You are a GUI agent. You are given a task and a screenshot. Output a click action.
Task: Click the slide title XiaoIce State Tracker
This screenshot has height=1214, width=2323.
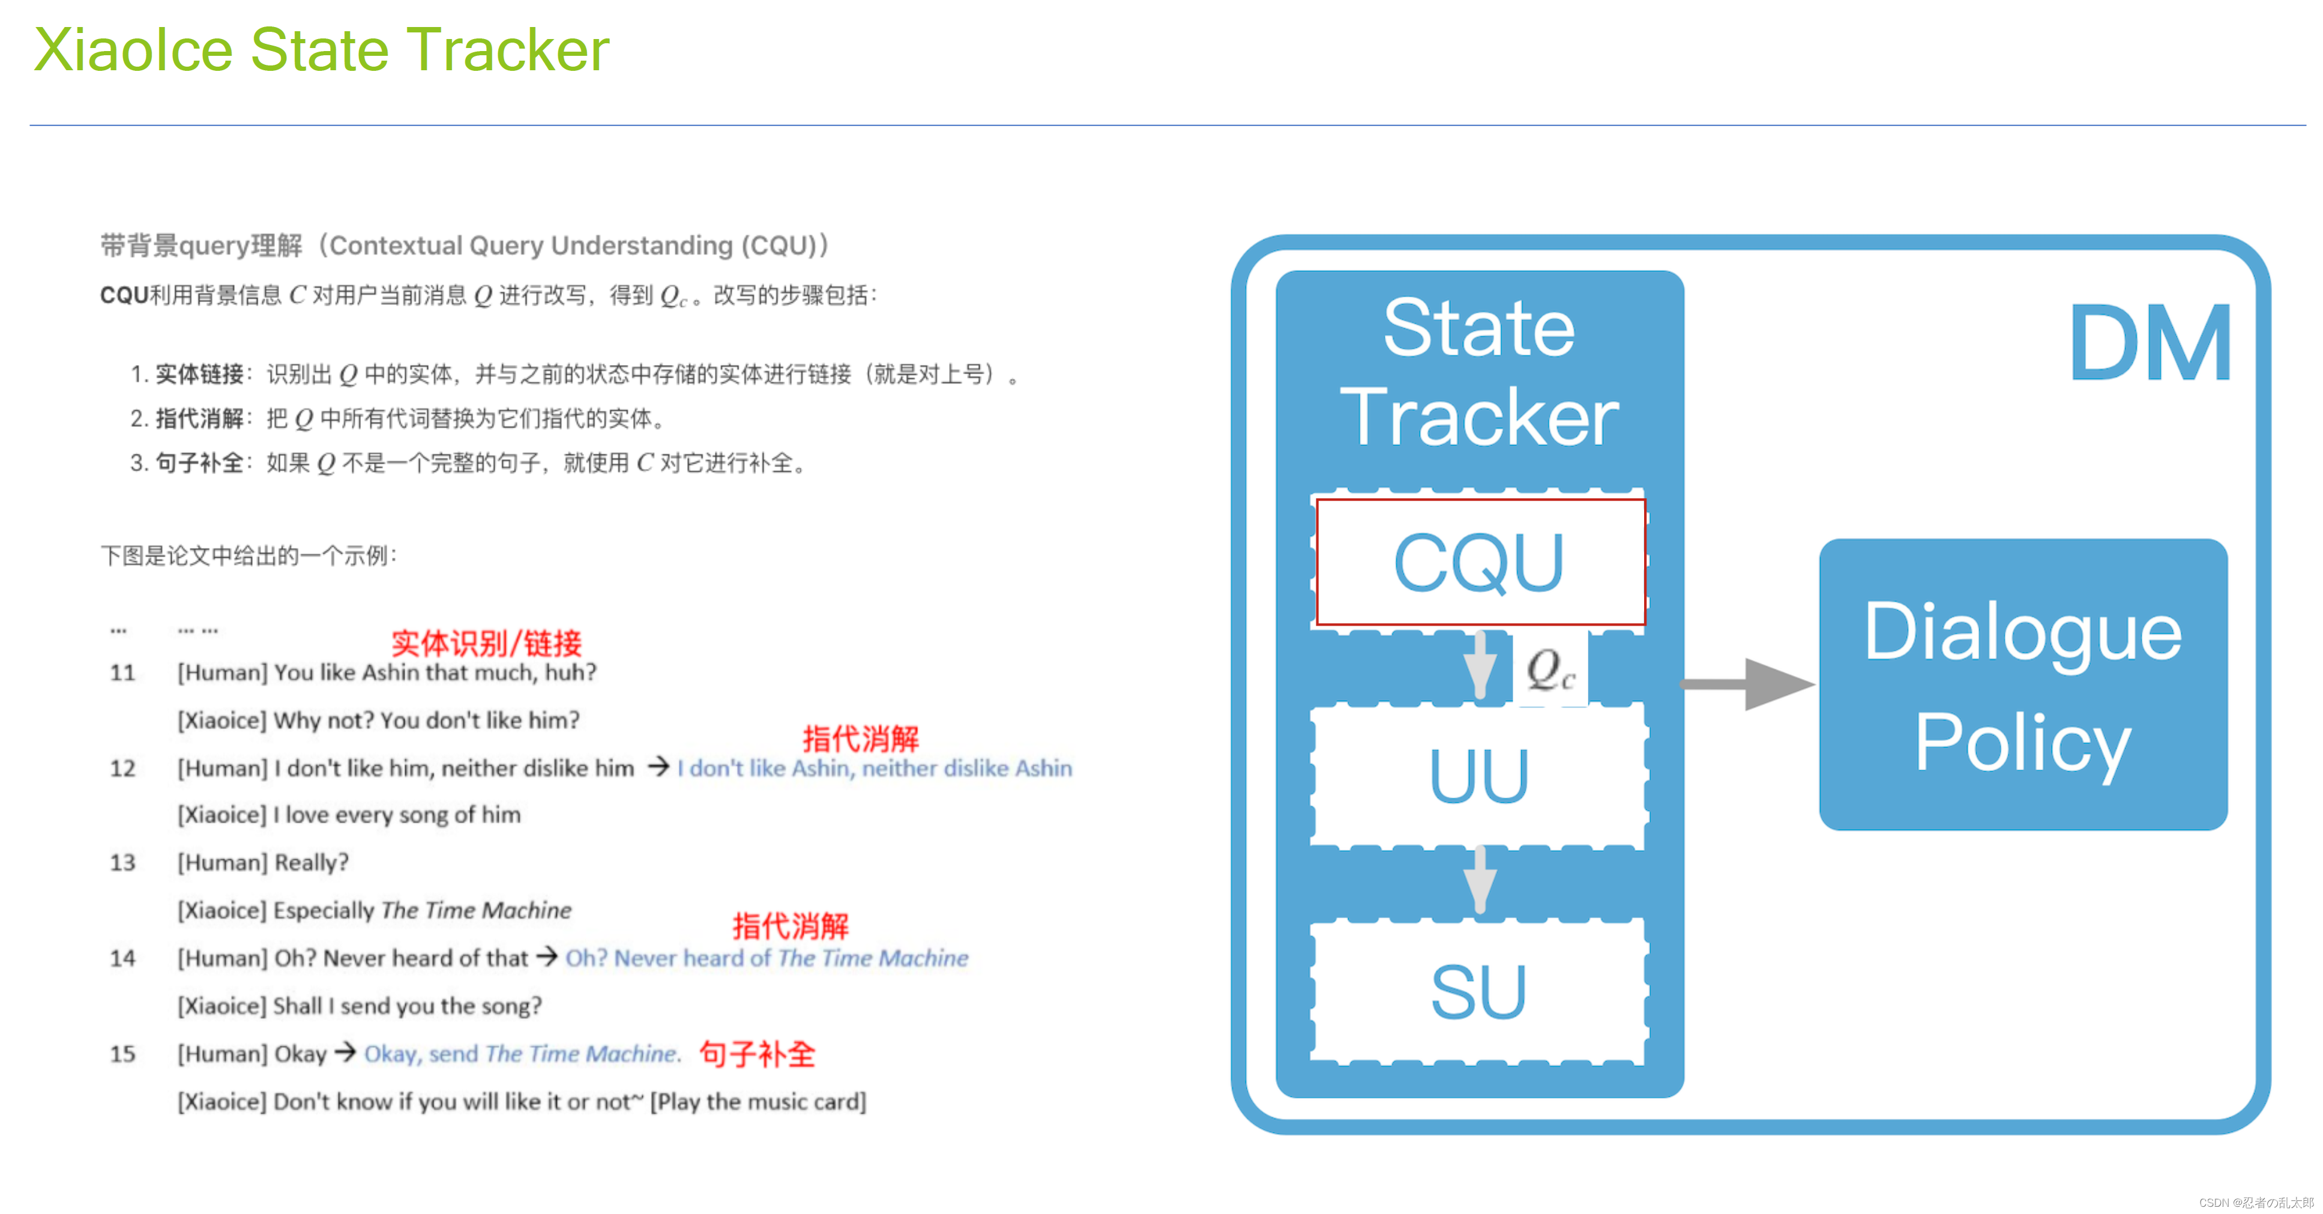click(321, 50)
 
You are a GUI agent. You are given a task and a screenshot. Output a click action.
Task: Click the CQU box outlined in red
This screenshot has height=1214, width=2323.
click(1480, 562)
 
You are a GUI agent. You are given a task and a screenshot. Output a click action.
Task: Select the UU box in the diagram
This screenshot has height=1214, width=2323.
click(1479, 776)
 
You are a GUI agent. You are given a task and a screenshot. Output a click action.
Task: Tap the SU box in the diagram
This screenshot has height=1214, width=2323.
click(1479, 991)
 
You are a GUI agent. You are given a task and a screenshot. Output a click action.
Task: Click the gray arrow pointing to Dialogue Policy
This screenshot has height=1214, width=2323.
click(1746, 684)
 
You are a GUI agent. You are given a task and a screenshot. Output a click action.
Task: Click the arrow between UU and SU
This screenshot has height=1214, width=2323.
click(1480, 880)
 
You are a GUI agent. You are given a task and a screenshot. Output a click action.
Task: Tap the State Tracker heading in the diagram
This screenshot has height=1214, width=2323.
click(1479, 372)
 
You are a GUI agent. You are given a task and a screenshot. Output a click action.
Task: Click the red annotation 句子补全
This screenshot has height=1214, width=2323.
click(758, 1054)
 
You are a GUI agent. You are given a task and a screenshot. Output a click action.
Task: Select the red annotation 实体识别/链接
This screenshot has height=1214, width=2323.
click(486, 643)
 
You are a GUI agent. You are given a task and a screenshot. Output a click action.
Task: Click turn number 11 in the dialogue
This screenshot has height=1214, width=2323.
click(122, 673)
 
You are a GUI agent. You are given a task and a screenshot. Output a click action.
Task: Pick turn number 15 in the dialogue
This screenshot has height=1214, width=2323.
click(122, 1054)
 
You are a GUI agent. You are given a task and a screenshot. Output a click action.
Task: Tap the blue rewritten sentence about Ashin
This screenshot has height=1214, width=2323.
click(875, 769)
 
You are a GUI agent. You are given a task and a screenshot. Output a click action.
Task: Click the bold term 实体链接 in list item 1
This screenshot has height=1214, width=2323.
click(199, 374)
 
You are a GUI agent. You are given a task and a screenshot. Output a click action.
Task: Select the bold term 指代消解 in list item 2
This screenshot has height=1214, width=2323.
click(199, 418)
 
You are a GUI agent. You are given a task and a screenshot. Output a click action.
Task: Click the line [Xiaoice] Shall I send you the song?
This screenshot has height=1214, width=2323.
click(360, 1006)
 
